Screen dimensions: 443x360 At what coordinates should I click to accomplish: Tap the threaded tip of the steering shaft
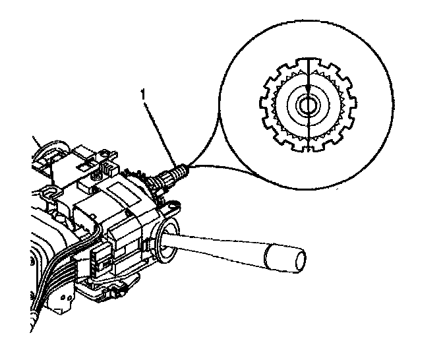tap(184, 172)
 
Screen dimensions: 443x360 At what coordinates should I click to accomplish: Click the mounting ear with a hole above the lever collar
tap(173, 206)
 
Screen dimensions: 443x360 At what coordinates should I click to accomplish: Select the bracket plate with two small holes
tap(67, 300)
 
